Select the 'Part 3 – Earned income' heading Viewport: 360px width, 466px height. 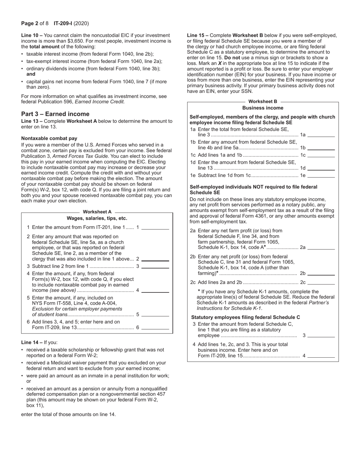pos(55,114)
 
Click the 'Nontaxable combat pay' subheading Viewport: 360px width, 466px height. pos(49,138)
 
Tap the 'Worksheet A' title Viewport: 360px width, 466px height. pos(97,212)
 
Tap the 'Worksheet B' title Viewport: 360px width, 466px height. pos(263,102)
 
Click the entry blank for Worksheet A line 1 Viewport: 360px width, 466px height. pos(155,227)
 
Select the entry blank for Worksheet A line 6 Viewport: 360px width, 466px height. pos(155,328)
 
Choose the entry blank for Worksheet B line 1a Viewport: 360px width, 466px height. pos(321,134)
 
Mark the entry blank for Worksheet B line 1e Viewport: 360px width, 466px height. pos(321,175)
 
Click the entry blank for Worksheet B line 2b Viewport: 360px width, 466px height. pos(321,273)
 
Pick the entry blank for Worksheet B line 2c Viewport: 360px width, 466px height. pos(321,282)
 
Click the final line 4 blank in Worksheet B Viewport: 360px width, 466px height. pos(321,356)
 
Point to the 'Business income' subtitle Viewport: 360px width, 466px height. pos(263,108)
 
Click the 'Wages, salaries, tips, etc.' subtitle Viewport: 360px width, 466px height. pos(97,218)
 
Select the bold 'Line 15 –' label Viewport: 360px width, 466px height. pos(197,35)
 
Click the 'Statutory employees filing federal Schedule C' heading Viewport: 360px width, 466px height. pos(245,317)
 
